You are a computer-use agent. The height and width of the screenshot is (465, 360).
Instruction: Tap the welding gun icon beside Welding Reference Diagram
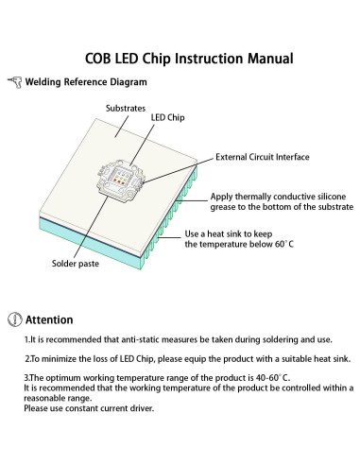point(13,83)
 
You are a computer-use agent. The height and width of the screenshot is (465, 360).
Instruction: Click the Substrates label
point(126,108)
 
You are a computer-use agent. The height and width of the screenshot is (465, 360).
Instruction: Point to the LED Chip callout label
point(170,118)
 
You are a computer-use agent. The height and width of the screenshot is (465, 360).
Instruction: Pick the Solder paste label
point(76,264)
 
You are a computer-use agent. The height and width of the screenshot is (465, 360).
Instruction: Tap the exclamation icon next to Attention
point(13,319)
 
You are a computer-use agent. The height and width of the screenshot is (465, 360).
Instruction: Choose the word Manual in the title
point(264,59)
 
